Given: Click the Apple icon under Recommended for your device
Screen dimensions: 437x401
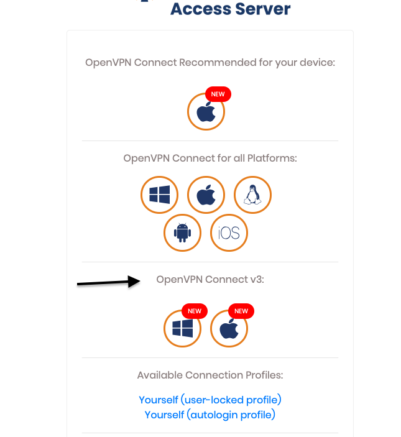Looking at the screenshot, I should point(206,113).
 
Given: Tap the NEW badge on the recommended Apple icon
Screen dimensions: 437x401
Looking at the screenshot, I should point(218,94).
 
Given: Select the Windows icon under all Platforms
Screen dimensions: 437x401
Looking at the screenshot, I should point(160,195).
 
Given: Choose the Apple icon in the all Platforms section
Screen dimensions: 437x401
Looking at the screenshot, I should point(206,195).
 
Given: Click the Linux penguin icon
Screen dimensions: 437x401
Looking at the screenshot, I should point(252,195).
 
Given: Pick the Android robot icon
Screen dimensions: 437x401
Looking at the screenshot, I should point(183,233).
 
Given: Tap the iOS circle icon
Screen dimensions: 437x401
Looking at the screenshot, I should point(229,233).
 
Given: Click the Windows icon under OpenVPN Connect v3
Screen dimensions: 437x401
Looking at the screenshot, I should point(183,328).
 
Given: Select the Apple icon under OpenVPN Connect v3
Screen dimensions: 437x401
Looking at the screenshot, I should point(229,328).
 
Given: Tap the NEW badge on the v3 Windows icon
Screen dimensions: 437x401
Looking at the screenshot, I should point(195,311).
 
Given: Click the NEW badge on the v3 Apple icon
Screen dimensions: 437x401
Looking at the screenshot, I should point(241,311).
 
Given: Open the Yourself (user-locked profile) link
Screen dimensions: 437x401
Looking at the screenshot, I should point(210,399).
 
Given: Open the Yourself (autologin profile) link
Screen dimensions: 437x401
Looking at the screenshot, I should point(210,414).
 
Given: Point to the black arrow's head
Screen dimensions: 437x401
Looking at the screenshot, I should point(138,281).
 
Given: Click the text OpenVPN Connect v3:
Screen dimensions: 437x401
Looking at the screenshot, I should point(210,280).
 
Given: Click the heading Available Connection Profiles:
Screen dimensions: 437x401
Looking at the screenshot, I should point(210,375).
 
